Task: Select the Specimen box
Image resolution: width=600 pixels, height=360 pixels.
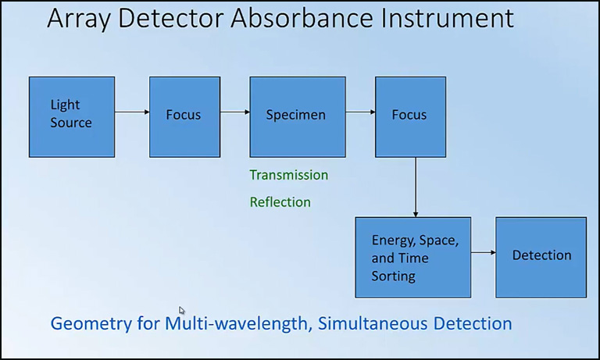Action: pyautogui.click(x=298, y=116)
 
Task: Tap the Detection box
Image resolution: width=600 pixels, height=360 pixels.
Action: pyautogui.click(x=541, y=256)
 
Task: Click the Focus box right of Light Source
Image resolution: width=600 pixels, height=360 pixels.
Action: pyautogui.click(x=184, y=116)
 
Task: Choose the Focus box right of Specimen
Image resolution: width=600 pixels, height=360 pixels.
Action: pyautogui.click(x=410, y=116)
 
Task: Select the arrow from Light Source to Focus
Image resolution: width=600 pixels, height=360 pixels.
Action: pyautogui.click(x=132, y=112)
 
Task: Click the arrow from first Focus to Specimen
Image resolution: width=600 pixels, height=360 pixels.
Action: pyautogui.click(x=234, y=112)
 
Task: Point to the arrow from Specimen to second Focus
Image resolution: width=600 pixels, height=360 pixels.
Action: pyautogui.click(x=360, y=112)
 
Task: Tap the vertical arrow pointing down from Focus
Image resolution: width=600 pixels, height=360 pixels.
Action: pyautogui.click(x=415, y=187)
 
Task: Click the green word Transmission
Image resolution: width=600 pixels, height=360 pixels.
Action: pyautogui.click(x=288, y=175)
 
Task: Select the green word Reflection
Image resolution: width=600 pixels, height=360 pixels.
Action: pyautogui.click(x=280, y=202)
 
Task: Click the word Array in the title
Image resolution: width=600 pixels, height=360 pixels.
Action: pyautogui.click(x=79, y=19)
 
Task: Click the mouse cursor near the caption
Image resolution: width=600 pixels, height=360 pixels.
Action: pyautogui.click(x=181, y=310)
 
